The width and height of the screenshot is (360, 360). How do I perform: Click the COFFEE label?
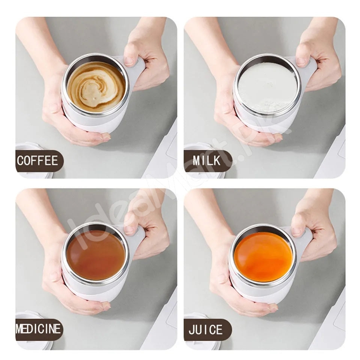coord(37,160)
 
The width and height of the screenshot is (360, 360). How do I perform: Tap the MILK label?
coord(206,160)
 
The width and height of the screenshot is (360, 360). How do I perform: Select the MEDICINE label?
coord(38,329)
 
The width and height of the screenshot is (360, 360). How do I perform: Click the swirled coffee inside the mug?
coord(96,88)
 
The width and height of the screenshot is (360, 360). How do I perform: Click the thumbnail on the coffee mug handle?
coord(130,62)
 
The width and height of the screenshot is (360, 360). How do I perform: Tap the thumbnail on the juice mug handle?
coord(297,232)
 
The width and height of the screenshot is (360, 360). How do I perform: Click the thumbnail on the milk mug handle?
coord(301,62)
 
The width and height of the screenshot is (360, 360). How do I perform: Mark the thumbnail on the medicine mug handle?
coord(130,230)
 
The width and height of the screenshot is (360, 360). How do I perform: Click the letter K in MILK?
coord(217,160)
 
